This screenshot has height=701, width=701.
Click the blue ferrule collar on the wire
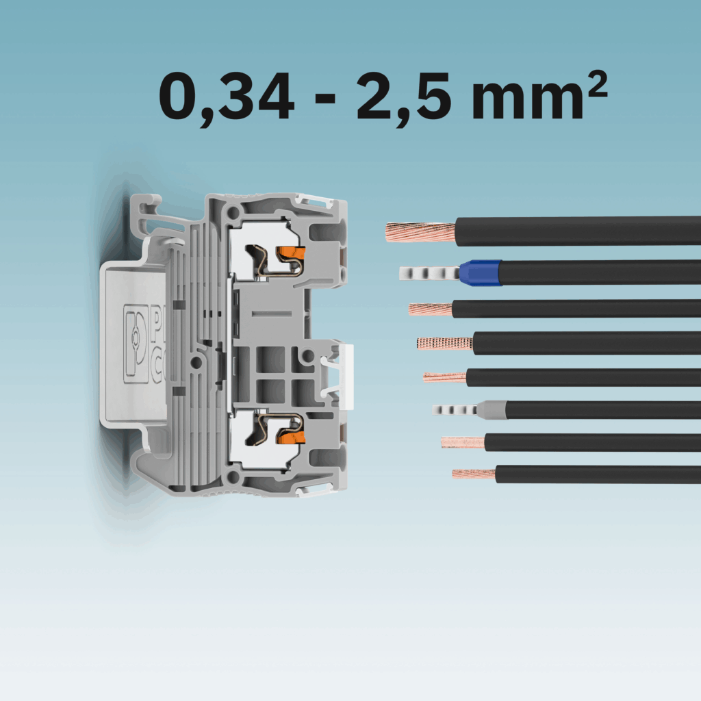click(480, 272)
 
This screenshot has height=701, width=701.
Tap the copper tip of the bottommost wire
click(473, 474)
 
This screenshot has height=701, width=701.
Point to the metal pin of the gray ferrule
click(455, 410)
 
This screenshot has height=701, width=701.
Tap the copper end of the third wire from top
click(430, 309)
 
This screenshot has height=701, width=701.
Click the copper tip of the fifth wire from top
click(444, 377)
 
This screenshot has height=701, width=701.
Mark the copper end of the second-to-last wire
click(463, 442)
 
